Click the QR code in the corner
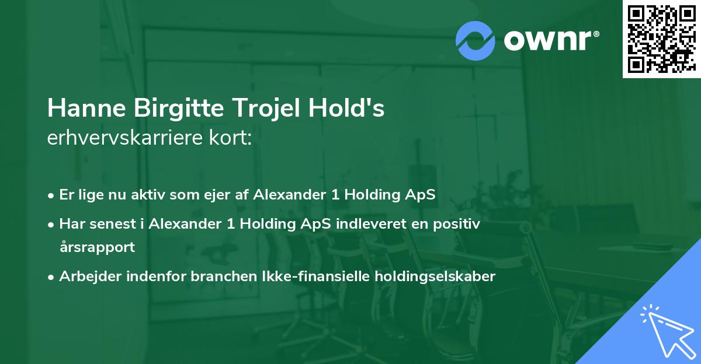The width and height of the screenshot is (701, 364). pos(661,39)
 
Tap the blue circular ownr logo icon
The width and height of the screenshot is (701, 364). pos(476,40)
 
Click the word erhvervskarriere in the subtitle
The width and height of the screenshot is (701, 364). pos(127,138)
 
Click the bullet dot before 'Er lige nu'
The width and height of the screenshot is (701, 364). pos(52,195)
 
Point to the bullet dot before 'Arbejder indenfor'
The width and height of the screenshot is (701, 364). pos(52,277)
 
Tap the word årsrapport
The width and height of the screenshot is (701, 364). pos(97,247)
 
